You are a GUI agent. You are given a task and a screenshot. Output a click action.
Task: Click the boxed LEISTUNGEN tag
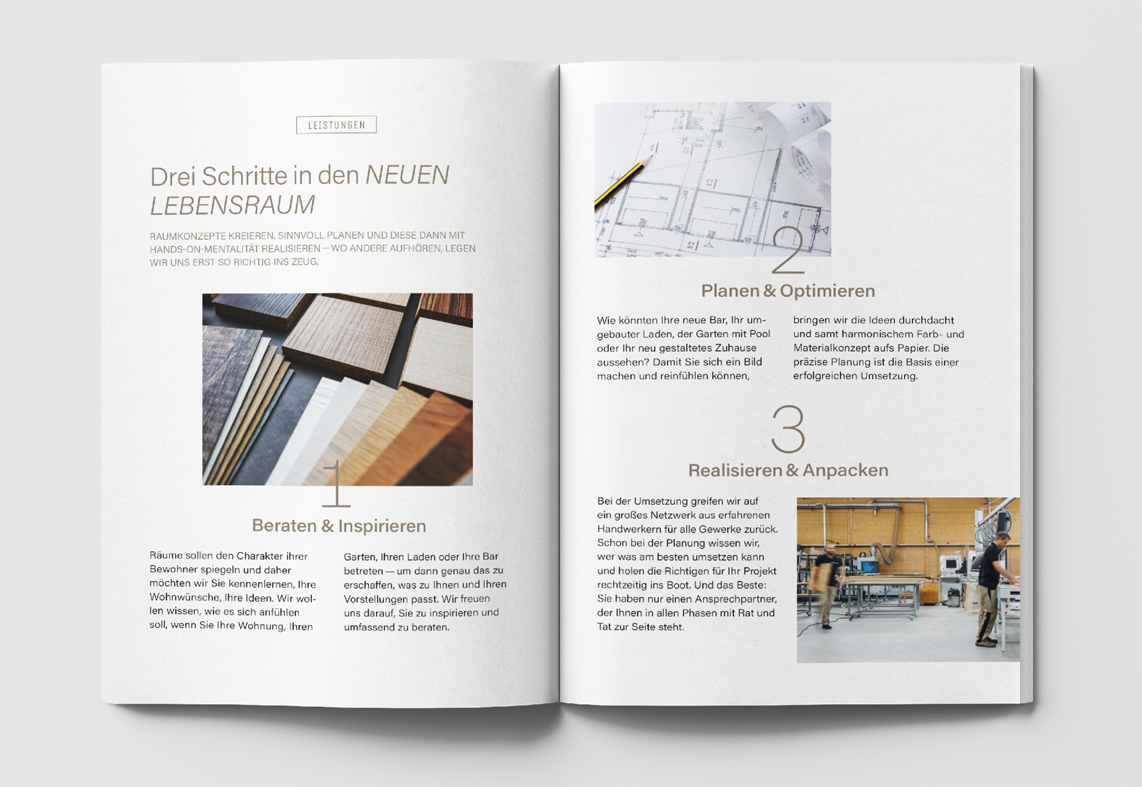pos(336,124)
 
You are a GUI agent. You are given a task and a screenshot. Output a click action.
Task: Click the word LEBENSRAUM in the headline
pos(232,205)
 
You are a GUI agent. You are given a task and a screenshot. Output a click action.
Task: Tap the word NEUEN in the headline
pos(408,175)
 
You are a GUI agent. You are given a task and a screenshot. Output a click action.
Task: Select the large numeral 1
pos(336,483)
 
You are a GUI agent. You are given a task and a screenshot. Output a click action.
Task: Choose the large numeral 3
pos(788,429)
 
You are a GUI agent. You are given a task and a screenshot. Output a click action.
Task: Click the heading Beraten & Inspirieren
pos(339,525)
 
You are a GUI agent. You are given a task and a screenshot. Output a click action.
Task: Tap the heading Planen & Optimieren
pos(788,291)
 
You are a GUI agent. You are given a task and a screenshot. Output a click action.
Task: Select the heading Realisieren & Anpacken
pos(788,470)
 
